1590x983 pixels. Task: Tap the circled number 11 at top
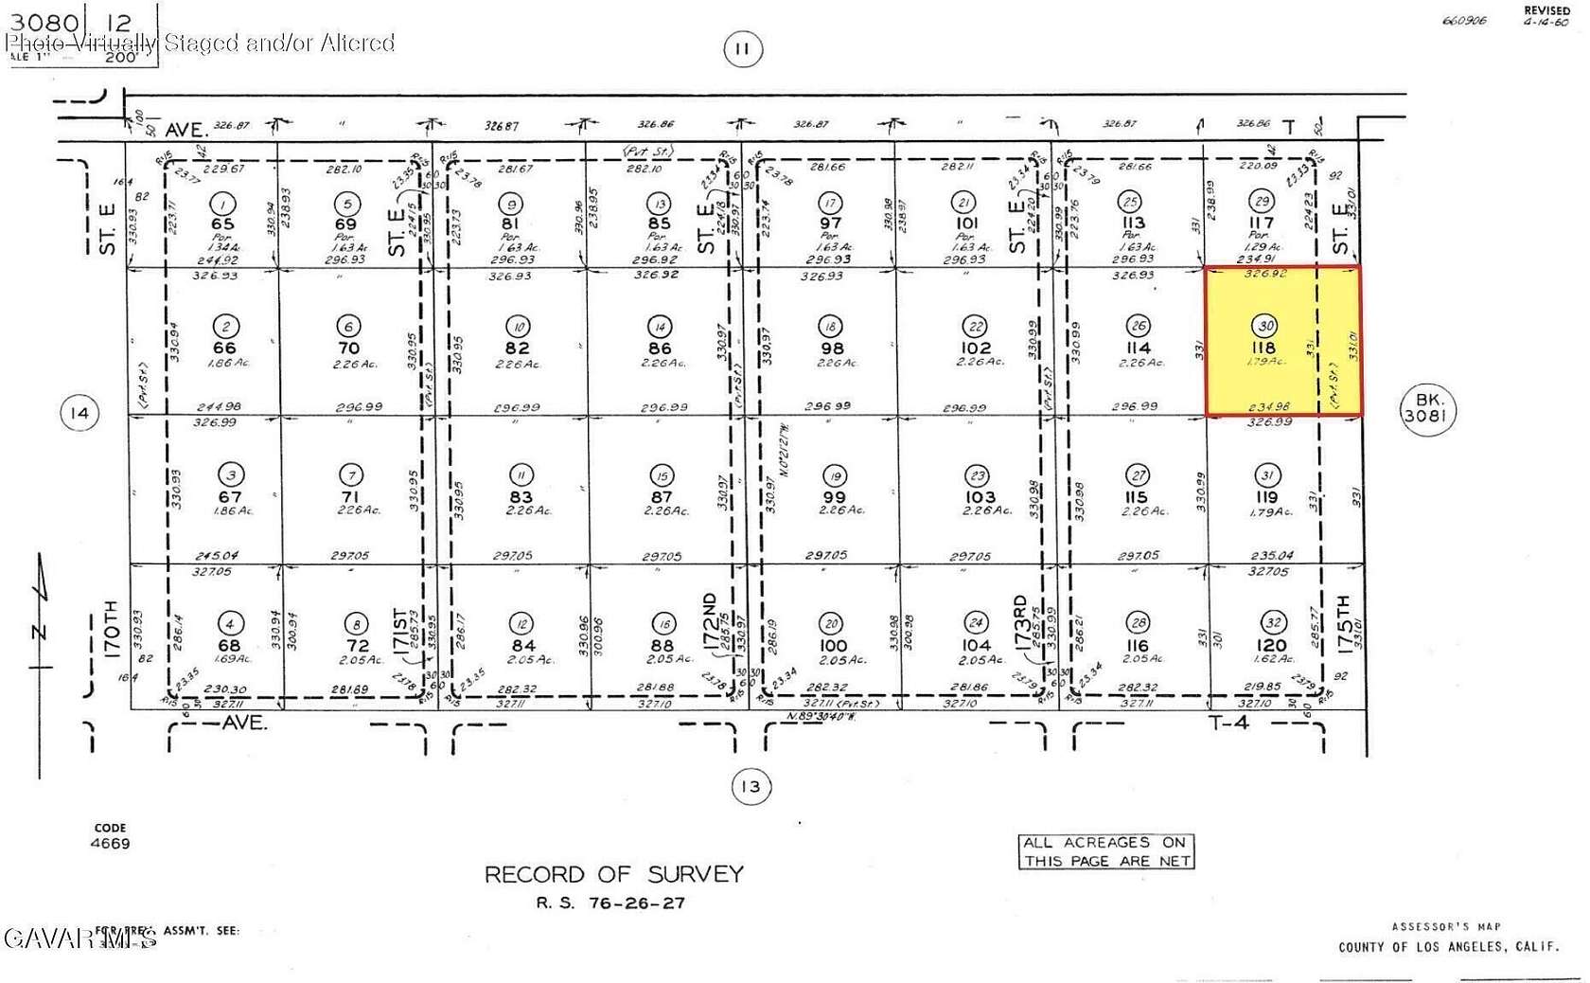[742, 49]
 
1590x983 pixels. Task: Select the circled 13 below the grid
[750, 786]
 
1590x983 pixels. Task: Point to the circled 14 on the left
[79, 413]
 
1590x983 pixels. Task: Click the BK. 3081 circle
[1426, 409]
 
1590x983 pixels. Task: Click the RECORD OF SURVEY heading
[613, 874]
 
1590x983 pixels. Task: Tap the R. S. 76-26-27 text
[610, 903]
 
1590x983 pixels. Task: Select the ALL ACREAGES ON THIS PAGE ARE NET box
[1106, 851]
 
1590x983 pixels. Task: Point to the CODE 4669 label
[111, 836]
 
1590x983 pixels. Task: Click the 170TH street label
[111, 630]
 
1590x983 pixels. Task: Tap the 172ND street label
[710, 620]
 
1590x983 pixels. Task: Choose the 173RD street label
[1019, 621]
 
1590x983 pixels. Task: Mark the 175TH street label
[1344, 621]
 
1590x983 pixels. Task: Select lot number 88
[662, 646]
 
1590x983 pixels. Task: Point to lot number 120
[1272, 645]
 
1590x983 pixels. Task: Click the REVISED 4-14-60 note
[1546, 16]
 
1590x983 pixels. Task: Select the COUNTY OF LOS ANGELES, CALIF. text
[1448, 947]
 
